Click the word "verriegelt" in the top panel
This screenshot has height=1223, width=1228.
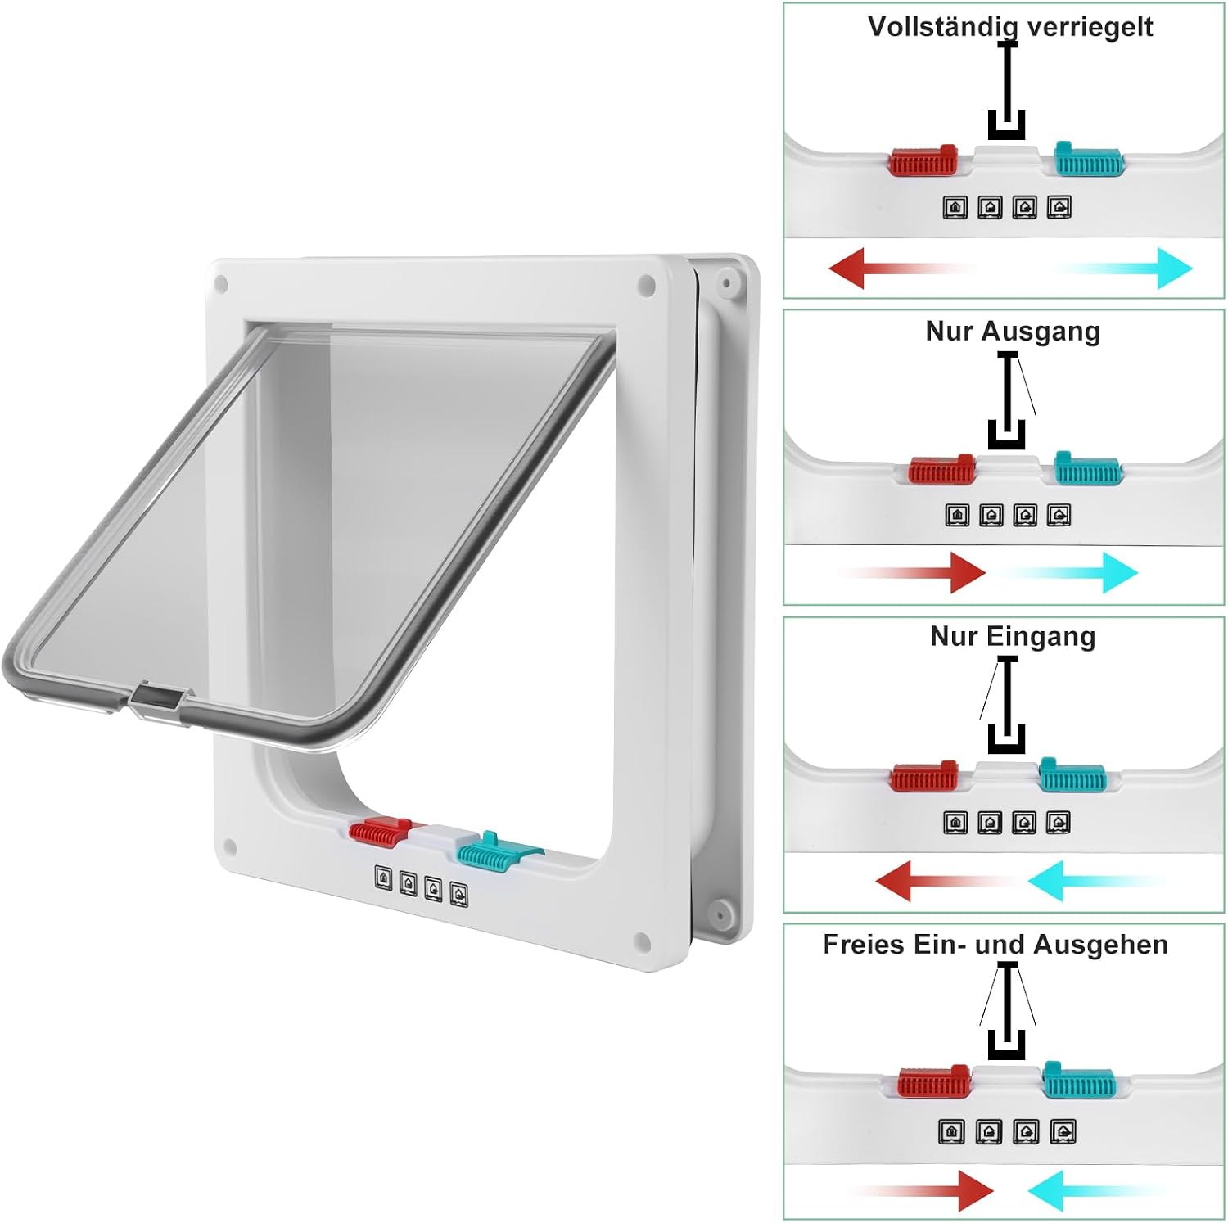1090,26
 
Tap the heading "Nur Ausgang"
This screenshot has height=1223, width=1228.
1013,332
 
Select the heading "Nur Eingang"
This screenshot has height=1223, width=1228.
1013,636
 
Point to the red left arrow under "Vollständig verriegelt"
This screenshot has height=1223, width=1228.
901,268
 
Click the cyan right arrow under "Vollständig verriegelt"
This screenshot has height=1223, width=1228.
1123,268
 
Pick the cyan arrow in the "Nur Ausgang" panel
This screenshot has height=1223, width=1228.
1064,571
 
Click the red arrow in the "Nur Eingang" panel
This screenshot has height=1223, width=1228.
946,880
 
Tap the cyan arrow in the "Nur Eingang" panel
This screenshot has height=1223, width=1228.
1097,880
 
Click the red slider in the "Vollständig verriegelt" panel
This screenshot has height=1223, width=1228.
923,160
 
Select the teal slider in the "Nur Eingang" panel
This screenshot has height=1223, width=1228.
1072,774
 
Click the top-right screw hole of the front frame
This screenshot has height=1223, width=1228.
646,286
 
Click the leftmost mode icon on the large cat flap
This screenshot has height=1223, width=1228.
383,878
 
